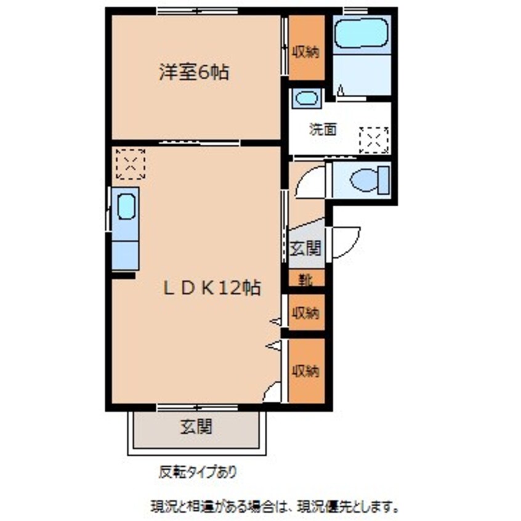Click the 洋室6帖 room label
point(194,72)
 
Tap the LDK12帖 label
point(212,288)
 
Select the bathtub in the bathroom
point(361,33)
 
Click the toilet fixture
point(370,180)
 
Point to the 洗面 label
point(323,129)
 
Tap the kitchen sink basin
point(127,207)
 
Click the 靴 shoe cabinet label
point(306,280)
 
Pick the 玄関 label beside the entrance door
point(305,248)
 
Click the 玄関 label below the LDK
point(196,427)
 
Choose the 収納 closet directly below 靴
point(306,312)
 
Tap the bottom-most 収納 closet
point(306,371)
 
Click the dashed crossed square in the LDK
point(131,164)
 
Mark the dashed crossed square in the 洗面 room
point(374,140)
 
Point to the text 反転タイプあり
point(198,472)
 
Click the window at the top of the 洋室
point(197,11)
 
